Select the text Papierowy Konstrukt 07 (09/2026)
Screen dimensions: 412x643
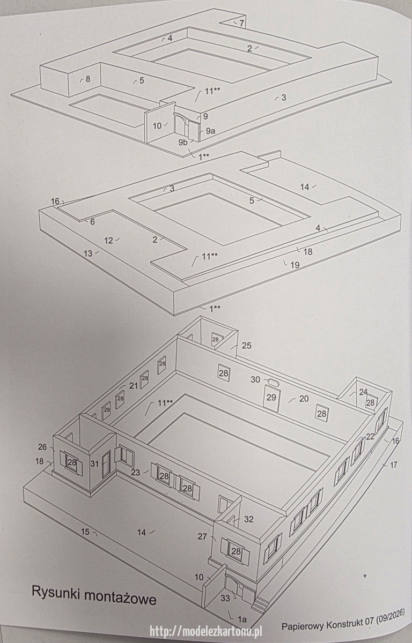[x=343, y=620]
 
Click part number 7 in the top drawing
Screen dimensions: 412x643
[x=241, y=23]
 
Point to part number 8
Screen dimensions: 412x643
[x=88, y=79]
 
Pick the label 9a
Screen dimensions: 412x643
[x=210, y=131]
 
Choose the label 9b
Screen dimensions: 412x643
[x=183, y=142]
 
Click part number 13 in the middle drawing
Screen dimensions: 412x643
[x=88, y=253]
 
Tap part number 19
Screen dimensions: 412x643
[x=295, y=264]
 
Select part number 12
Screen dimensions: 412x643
[x=109, y=241]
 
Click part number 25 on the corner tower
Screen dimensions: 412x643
[x=247, y=346]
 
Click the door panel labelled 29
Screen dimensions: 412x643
[x=271, y=398]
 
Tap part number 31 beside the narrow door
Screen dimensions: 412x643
[x=95, y=463]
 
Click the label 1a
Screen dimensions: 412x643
[x=242, y=618]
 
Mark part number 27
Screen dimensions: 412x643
[x=202, y=536]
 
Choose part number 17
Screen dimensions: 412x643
[x=393, y=464]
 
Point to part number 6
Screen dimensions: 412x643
[x=92, y=222]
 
